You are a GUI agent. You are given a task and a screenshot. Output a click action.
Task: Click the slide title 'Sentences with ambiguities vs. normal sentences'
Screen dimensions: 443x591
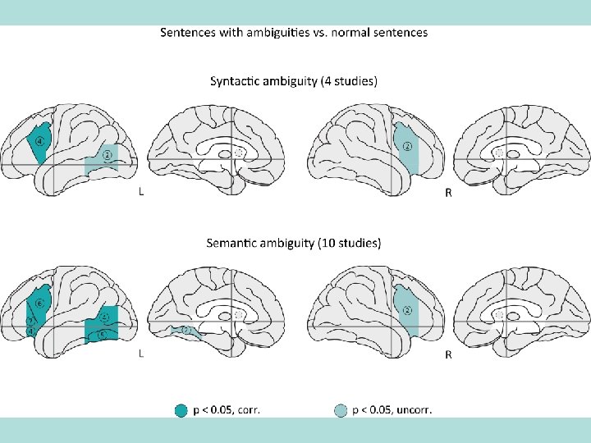click(293, 33)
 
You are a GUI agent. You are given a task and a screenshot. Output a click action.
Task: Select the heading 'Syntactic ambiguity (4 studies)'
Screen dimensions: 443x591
click(294, 81)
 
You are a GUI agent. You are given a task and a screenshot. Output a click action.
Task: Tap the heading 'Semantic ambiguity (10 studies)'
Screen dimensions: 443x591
click(294, 243)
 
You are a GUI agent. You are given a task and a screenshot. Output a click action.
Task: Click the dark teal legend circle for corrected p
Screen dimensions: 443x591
click(181, 410)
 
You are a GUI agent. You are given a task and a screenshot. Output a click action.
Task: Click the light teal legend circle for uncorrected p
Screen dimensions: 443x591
click(341, 410)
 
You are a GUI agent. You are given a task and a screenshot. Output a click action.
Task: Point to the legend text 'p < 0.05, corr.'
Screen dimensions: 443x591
click(227, 410)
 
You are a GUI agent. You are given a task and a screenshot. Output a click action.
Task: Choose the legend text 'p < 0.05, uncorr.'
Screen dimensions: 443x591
click(392, 410)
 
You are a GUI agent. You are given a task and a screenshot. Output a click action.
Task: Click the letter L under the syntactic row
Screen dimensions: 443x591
click(142, 193)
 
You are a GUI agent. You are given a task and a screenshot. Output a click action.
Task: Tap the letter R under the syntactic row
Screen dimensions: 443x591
click(447, 193)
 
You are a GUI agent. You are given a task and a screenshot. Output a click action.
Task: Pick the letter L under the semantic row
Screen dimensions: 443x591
click(142, 354)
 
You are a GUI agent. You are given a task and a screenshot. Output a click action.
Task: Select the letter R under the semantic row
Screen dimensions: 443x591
click(447, 354)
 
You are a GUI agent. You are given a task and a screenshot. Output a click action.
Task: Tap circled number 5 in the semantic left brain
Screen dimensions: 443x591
click(102, 334)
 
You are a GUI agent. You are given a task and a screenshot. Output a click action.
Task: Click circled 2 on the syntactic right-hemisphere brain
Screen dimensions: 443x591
click(406, 147)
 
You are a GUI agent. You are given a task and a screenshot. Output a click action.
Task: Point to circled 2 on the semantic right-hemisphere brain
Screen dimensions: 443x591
click(406, 309)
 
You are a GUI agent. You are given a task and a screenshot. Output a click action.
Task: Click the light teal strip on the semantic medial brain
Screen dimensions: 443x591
click(186, 331)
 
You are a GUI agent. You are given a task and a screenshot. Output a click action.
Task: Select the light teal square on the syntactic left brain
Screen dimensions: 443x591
click(102, 159)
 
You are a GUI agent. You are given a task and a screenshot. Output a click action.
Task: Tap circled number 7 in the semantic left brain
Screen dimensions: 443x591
click(30, 320)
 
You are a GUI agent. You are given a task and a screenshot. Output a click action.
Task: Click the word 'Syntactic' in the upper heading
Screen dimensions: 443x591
click(238, 81)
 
